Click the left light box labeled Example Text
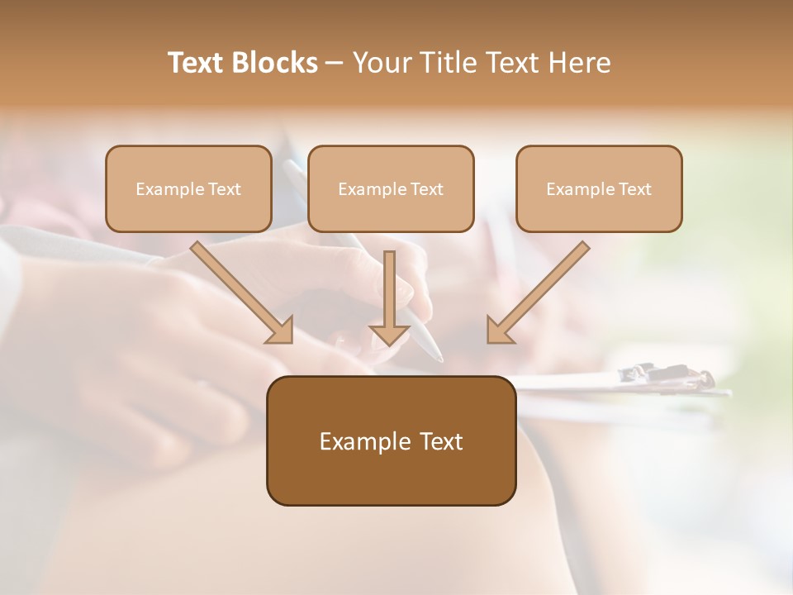click(188, 189)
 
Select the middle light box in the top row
click(391, 189)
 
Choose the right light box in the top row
click(599, 189)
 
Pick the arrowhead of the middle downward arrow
click(389, 334)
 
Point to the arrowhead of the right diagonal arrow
click(499, 331)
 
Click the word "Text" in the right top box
click(634, 189)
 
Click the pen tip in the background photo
click(439, 358)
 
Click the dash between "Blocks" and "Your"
click(335, 64)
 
